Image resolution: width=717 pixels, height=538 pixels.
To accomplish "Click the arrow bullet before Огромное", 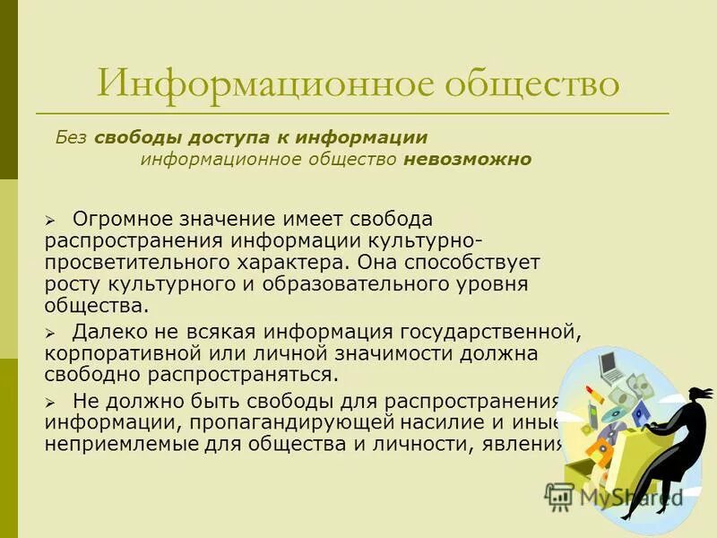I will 51,221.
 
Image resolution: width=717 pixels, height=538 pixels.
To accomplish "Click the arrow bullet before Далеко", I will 51,333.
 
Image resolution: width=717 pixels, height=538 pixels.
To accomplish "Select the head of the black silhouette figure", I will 695,395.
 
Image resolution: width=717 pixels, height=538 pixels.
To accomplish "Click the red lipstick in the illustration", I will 592,396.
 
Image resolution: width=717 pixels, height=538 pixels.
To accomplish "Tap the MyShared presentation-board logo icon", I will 559,496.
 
